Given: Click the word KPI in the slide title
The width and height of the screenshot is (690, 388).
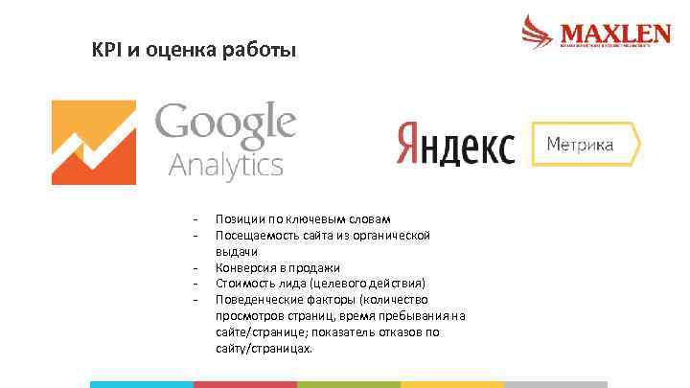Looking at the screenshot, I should [x=104, y=48].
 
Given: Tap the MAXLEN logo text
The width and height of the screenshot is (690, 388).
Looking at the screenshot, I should [x=614, y=34].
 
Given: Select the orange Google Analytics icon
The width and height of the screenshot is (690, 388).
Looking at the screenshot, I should [x=93, y=142].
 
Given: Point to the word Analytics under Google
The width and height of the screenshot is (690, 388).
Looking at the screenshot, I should [x=226, y=165].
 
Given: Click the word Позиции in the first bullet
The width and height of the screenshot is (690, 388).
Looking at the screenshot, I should [x=240, y=218].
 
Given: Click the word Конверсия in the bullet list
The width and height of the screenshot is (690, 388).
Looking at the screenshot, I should [x=245, y=267].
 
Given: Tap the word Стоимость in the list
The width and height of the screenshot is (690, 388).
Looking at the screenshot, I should [x=245, y=284].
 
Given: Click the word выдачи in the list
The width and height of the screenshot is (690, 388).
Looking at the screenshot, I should [x=237, y=251].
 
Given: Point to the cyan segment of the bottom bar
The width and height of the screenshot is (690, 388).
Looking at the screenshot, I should [x=142, y=384].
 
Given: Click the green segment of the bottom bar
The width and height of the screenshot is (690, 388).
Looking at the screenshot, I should [x=349, y=384].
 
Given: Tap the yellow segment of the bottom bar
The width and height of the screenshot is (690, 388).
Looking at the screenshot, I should [x=452, y=384].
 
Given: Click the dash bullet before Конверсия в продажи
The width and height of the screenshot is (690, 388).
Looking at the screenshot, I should [x=195, y=268].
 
